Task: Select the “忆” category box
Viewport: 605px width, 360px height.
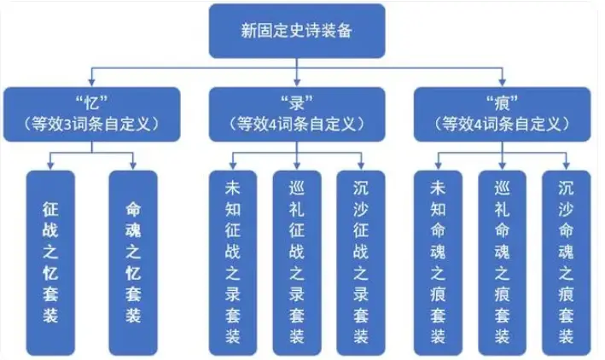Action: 94,113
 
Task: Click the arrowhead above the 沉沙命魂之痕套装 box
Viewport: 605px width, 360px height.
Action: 564,166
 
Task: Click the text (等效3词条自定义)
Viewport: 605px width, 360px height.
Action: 94,124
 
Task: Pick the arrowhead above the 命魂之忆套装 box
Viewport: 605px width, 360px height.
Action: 133,166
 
